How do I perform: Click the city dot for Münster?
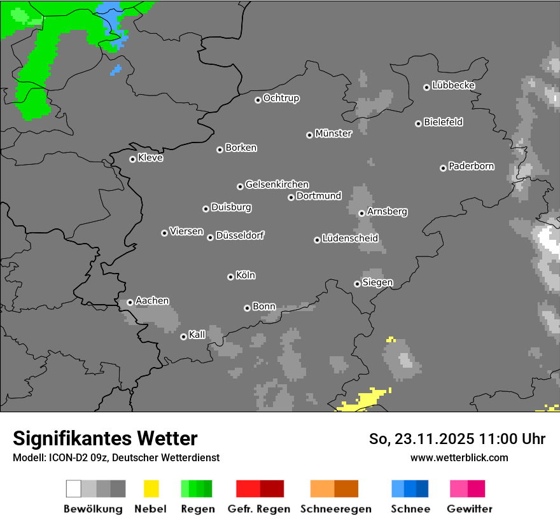[309, 135]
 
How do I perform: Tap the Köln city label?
[246, 275]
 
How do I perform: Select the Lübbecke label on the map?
[453, 85]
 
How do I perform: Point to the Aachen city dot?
[130, 302]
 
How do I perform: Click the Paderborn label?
[471, 166]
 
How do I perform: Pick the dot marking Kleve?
[132, 159]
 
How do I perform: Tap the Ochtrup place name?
[281, 98]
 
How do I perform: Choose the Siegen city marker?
[357, 284]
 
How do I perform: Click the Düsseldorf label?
[240, 235]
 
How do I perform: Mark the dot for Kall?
[183, 337]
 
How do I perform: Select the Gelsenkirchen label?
[277, 184]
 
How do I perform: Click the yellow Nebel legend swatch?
[151, 489]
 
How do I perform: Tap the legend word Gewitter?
[470, 509]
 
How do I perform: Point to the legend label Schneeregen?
[335, 509]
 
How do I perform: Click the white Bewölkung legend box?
[74, 489]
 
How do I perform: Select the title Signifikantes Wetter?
[105, 438]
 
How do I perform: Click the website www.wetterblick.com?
[459, 457]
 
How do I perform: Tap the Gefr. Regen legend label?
[258, 509]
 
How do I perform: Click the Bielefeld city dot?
[419, 123]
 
